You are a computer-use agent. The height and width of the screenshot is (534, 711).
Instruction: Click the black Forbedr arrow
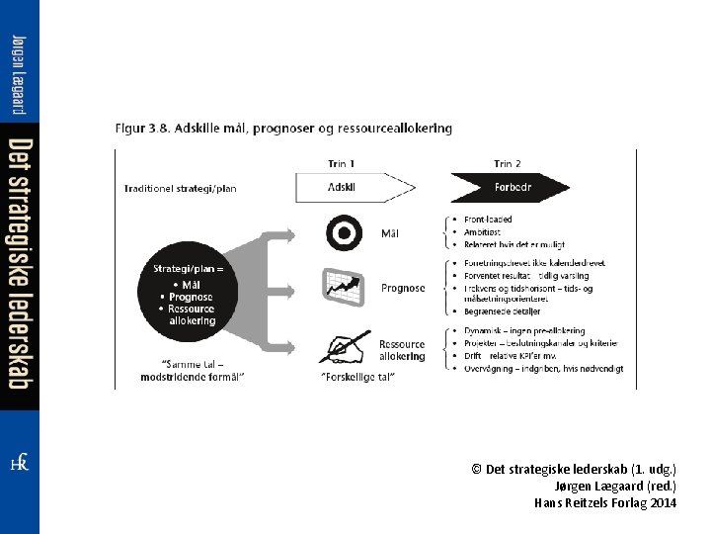tap(510, 187)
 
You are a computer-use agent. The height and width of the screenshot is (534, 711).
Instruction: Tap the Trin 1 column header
tap(342, 163)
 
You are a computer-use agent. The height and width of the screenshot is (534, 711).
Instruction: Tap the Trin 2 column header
tap(508, 163)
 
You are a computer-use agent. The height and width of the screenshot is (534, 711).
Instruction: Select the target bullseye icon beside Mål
tap(342, 233)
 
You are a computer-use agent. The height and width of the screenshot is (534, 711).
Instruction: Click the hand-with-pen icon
tap(344, 345)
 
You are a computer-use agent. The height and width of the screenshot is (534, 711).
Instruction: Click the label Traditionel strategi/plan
tap(180, 187)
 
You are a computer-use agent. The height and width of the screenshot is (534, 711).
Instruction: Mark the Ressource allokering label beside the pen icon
tap(402, 350)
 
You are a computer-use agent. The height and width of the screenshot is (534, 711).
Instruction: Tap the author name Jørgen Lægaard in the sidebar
tap(19, 74)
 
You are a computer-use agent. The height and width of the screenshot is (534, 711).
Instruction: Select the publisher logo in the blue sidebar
tap(19, 464)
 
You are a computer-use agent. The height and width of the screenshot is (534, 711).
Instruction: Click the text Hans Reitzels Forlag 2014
tap(605, 502)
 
